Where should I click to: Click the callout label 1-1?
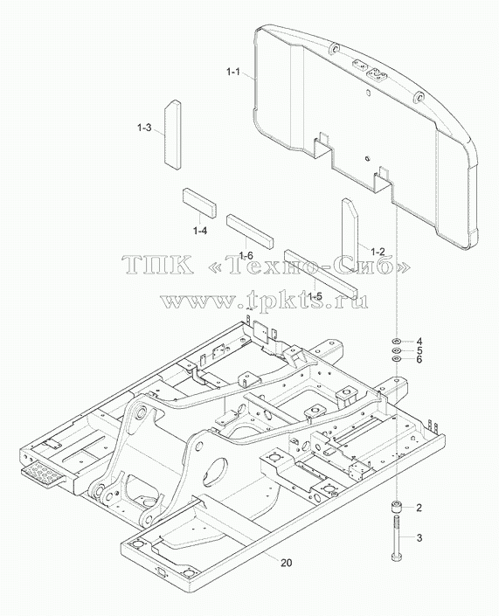pos(233,73)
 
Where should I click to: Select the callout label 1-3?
pos(144,128)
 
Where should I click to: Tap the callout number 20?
pos(287,563)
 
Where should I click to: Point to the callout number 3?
pos(419,537)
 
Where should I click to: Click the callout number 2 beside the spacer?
pos(419,508)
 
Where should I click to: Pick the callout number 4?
pos(419,341)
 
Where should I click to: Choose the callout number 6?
pos(419,359)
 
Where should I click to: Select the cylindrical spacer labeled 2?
pos(396,507)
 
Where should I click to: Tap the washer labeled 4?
pos(396,340)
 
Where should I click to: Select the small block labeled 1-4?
pos(199,203)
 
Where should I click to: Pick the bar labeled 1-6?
pos(250,232)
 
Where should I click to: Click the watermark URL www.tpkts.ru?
pos(265,301)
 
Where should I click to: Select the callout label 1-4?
pos(200,231)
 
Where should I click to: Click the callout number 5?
pos(419,350)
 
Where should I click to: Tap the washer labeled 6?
pos(396,359)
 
